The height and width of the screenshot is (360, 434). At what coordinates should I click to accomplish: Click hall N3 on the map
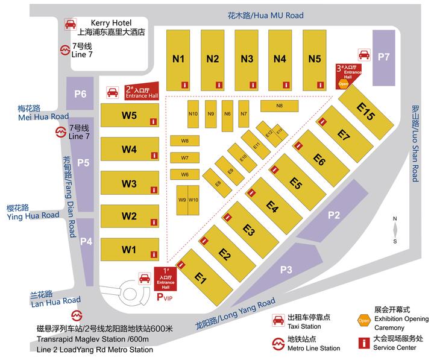(247, 59)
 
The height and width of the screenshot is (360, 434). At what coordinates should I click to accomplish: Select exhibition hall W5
(130, 116)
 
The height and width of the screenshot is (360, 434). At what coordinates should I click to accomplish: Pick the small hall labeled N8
(279, 106)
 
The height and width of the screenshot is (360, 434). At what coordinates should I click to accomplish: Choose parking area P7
(384, 57)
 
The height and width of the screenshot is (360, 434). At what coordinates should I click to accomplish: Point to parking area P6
(80, 93)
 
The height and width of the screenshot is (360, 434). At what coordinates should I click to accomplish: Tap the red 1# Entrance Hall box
(166, 278)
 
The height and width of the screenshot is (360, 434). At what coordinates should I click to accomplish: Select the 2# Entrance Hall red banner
(141, 90)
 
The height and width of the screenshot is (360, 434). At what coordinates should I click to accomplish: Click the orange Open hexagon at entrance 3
(343, 84)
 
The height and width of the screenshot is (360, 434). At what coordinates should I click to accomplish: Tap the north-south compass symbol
(394, 230)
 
